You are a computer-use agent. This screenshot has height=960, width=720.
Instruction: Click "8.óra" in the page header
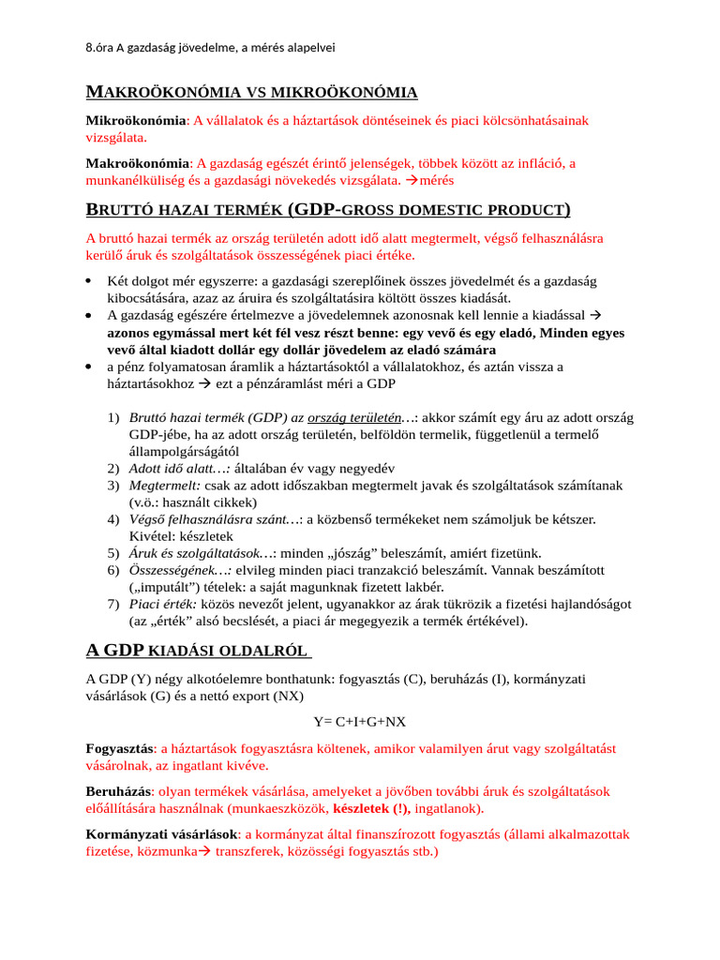coord(98,48)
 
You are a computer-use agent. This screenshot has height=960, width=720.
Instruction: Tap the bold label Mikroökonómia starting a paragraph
coord(136,120)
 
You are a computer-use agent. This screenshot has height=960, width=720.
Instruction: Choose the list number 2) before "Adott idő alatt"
coord(112,467)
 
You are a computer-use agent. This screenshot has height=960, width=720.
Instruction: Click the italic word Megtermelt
coord(164,485)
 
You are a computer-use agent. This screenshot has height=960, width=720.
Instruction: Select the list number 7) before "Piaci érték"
coord(112,604)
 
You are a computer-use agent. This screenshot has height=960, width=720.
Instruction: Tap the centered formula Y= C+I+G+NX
coord(359,721)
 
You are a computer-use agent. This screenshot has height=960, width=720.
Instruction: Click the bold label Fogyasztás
coord(120,748)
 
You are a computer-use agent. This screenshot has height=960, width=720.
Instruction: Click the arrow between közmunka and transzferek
coord(204,853)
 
